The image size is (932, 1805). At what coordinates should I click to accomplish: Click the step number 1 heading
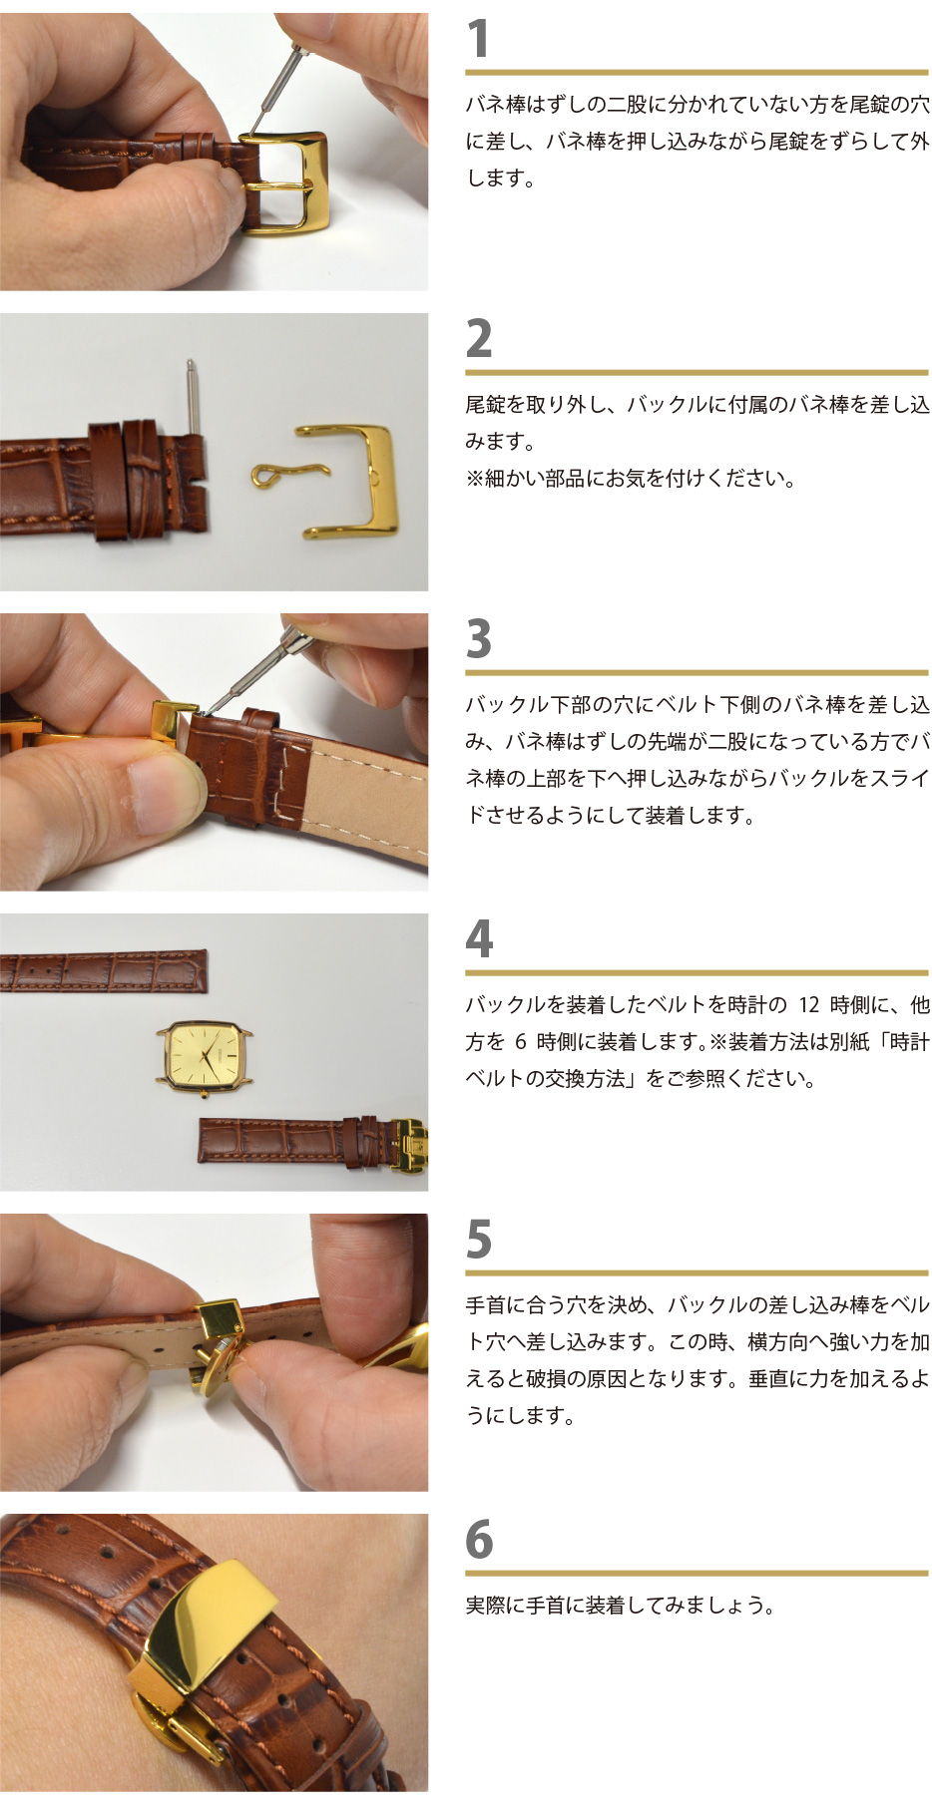479,39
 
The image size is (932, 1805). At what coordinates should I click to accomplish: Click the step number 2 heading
479,339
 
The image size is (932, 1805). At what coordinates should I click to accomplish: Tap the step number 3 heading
479,639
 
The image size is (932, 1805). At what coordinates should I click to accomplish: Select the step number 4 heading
479,939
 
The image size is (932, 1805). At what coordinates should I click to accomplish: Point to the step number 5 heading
479,1240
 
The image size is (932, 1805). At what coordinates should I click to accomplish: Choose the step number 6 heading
479,1540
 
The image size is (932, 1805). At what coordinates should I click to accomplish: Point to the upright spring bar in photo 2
193,397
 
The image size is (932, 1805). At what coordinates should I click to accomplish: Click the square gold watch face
205,1057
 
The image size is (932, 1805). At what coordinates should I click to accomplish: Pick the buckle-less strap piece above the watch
104,972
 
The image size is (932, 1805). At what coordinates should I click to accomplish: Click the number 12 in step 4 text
809,1004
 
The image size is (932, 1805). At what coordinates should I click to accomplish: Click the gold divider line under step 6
698,1574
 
